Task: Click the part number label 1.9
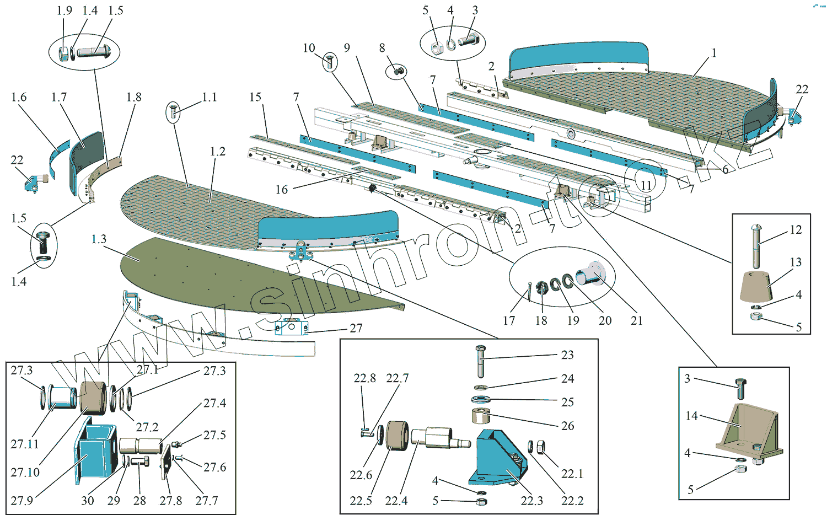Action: click(x=65, y=10)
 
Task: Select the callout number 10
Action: click(x=309, y=48)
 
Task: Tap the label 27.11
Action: click(x=25, y=444)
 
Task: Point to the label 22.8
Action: click(x=364, y=378)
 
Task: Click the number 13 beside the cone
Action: click(x=796, y=262)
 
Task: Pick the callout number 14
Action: click(x=692, y=416)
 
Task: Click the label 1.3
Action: click(x=99, y=239)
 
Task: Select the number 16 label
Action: click(x=282, y=190)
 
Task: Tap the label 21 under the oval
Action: click(x=637, y=320)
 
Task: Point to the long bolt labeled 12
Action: click(x=756, y=243)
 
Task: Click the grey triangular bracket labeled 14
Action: click(x=750, y=430)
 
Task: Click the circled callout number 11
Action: click(x=646, y=185)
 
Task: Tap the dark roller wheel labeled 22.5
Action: click(x=397, y=436)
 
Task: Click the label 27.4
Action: click(x=214, y=403)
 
